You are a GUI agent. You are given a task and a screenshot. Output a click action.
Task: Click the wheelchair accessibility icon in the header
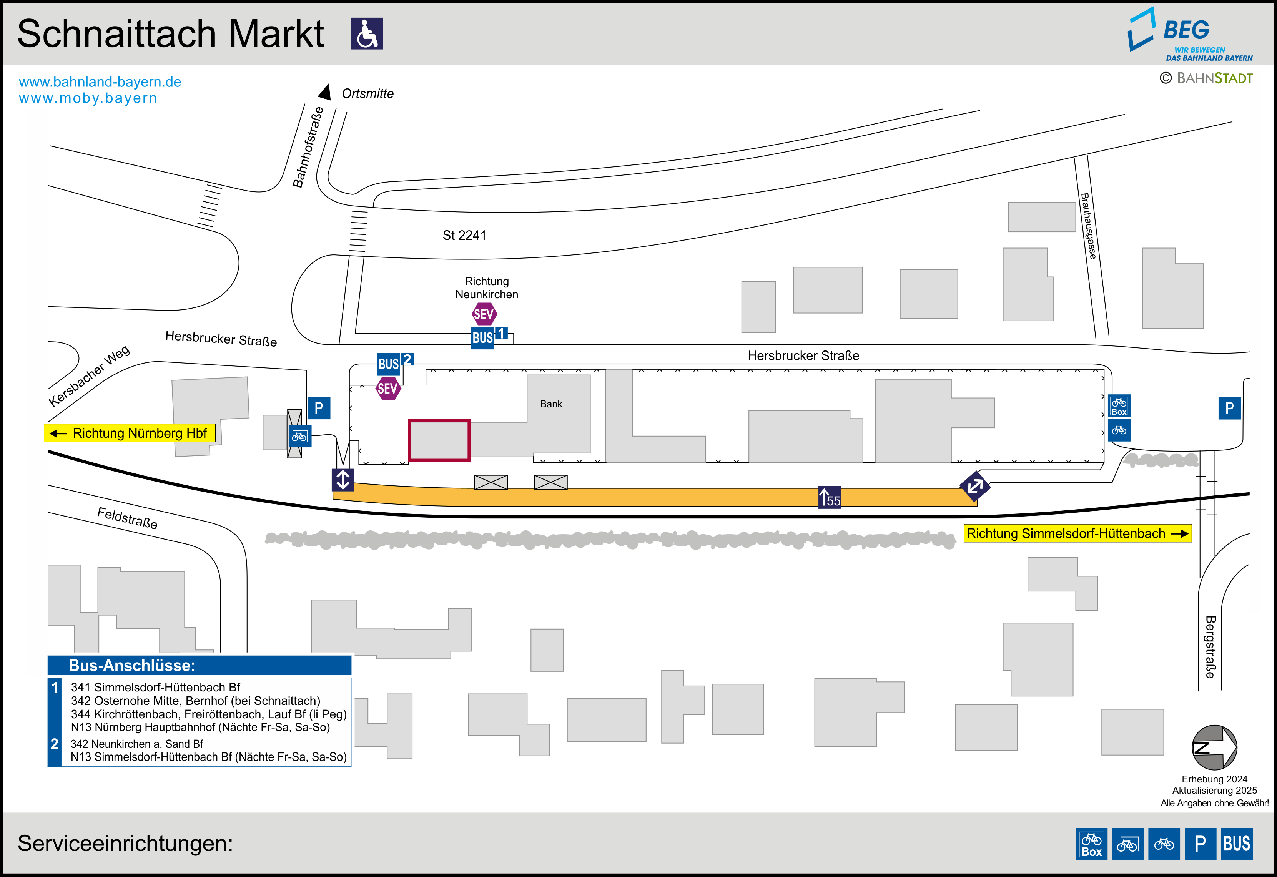click(x=367, y=33)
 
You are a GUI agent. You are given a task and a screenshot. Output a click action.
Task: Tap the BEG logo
click(x=1190, y=34)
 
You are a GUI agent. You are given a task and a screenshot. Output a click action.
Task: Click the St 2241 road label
click(x=464, y=235)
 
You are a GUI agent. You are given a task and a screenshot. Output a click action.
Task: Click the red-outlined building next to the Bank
click(x=439, y=440)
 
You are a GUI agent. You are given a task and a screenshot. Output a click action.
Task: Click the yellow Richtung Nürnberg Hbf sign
click(x=130, y=433)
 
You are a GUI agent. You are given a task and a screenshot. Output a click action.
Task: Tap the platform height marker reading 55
click(x=830, y=497)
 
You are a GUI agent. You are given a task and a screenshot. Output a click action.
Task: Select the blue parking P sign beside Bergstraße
click(x=1230, y=408)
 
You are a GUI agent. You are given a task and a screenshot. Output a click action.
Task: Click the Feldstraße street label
click(x=128, y=518)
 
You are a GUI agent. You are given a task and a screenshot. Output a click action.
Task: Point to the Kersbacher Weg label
click(x=89, y=376)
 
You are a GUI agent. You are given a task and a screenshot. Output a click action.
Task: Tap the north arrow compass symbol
click(x=1214, y=747)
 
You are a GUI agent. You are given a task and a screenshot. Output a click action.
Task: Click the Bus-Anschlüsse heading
click(x=132, y=666)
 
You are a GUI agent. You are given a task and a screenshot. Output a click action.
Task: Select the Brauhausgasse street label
click(x=1089, y=226)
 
